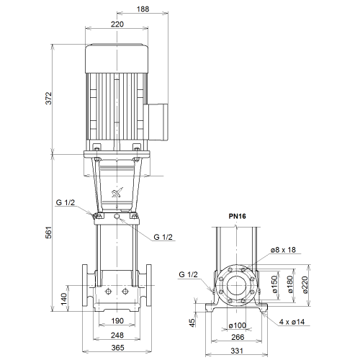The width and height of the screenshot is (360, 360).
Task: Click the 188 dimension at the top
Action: (x=143, y=9)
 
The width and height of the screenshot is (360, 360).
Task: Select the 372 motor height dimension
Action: (x=48, y=98)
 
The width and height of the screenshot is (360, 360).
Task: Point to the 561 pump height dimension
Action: (x=48, y=232)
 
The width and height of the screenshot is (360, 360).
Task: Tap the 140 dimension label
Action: (x=64, y=299)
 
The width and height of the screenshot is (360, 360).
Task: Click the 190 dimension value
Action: (x=117, y=320)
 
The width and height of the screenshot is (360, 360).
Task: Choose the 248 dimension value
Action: (x=117, y=335)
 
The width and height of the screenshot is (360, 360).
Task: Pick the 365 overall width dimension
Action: (x=118, y=348)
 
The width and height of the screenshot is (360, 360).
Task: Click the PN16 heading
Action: (x=237, y=216)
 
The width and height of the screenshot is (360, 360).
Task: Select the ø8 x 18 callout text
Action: (x=283, y=250)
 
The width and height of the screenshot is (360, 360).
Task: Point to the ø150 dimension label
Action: (x=275, y=284)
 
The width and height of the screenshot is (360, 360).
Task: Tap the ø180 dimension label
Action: (x=290, y=284)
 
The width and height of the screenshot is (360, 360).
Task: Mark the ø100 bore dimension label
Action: (x=238, y=325)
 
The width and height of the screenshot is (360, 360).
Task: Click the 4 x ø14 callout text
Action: (x=292, y=322)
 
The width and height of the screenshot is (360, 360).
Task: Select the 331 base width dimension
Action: (x=237, y=351)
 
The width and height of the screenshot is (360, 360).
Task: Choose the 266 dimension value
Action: (x=238, y=337)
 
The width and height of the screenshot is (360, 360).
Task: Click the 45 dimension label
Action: (x=192, y=323)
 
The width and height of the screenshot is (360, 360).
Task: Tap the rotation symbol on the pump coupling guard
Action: (x=117, y=192)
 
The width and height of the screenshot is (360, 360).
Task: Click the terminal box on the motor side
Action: (x=156, y=122)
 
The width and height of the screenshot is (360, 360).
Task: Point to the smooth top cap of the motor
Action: (x=117, y=58)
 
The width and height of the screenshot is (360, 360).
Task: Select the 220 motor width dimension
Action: (x=117, y=24)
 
